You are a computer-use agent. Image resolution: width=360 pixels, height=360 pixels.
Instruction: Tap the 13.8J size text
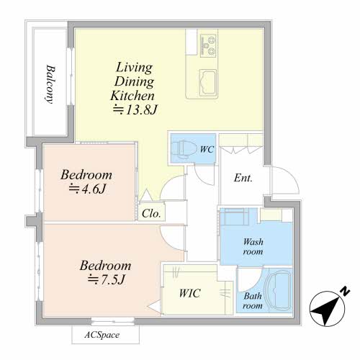135,110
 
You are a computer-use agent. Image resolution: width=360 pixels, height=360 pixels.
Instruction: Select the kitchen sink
208,82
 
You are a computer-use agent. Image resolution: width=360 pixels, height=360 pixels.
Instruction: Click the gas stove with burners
208,45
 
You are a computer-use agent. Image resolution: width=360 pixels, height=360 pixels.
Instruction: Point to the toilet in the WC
180,149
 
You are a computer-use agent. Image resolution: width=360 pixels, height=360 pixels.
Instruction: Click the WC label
207,149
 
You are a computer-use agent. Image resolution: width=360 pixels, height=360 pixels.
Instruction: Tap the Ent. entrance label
243,178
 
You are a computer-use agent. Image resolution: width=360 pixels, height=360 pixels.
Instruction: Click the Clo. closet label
151,213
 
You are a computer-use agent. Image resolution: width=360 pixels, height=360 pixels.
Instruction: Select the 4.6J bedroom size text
87,189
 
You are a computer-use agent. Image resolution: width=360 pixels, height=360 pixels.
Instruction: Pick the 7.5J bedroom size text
107,279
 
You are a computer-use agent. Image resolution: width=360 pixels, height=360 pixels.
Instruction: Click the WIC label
189,293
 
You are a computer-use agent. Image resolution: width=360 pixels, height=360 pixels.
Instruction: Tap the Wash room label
253,246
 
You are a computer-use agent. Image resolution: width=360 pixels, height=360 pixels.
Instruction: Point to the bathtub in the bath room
278,291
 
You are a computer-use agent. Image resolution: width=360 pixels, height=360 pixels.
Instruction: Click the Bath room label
253,301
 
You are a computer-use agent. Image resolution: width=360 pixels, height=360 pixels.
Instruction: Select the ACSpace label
102,335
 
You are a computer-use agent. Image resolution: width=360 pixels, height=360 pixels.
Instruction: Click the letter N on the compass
345,291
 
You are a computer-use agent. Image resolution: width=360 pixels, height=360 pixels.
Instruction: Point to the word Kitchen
132,96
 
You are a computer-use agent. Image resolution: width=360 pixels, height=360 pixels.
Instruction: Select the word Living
134,68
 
